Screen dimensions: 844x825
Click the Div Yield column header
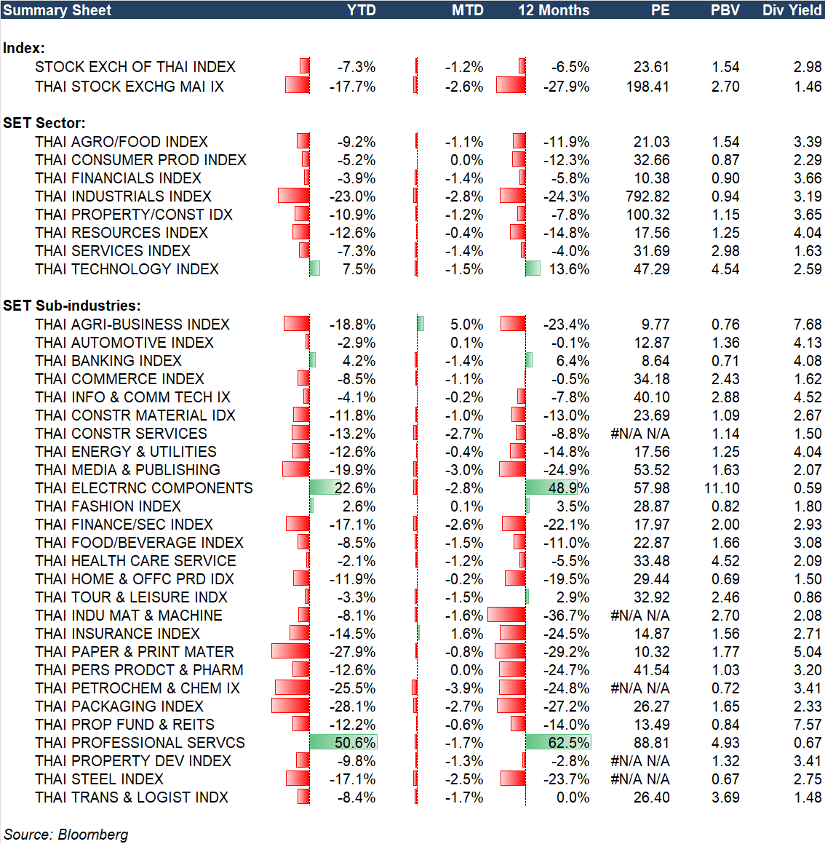[792, 10]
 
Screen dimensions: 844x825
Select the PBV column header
[725, 10]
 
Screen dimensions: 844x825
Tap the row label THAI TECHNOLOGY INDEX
[127, 269]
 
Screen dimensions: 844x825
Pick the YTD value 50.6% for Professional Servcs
[355, 743]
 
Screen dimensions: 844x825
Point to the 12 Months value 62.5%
[569, 743]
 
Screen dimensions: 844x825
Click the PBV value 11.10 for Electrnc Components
[722, 488]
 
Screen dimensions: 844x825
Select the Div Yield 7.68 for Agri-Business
[808, 325]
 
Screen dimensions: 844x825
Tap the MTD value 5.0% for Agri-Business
[466, 325]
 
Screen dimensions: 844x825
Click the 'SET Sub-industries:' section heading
[72, 306]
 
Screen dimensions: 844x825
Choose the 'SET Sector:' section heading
[44, 123]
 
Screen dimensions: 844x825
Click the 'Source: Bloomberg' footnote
[66, 835]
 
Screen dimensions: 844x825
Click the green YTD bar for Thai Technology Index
[315, 268]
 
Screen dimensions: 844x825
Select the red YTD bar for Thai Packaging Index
[290, 706]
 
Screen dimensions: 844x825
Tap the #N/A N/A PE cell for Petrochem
[640, 688]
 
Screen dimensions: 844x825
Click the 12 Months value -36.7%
[566, 616]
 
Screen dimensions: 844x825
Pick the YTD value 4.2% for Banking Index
[359, 361]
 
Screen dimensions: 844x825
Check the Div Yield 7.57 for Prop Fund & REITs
[808, 725]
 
